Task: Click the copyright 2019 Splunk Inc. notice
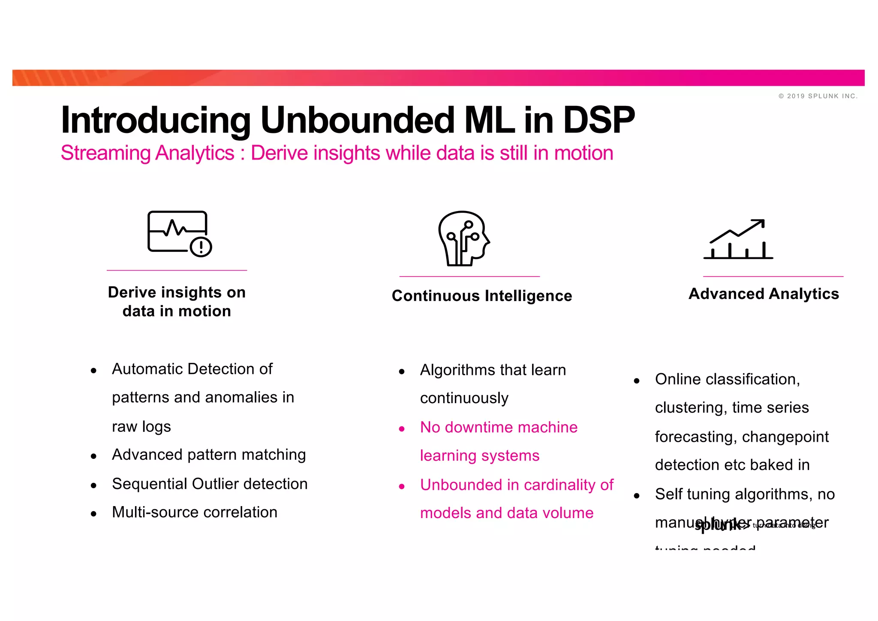coord(818,96)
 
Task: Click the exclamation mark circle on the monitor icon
coord(201,247)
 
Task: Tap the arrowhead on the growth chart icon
coord(759,223)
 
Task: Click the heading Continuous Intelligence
coord(482,296)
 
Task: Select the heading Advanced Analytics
coord(764,294)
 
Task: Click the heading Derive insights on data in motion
coord(177,301)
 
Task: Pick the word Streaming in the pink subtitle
coord(105,153)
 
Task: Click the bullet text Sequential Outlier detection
coord(210,484)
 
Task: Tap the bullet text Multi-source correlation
coord(195,512)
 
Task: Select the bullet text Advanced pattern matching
coord(209,455)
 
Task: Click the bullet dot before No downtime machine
coord(402,428)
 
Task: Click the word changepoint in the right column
coord(785,437)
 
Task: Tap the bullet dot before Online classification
coord(637,380)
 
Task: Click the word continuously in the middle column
coord(464,398)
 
